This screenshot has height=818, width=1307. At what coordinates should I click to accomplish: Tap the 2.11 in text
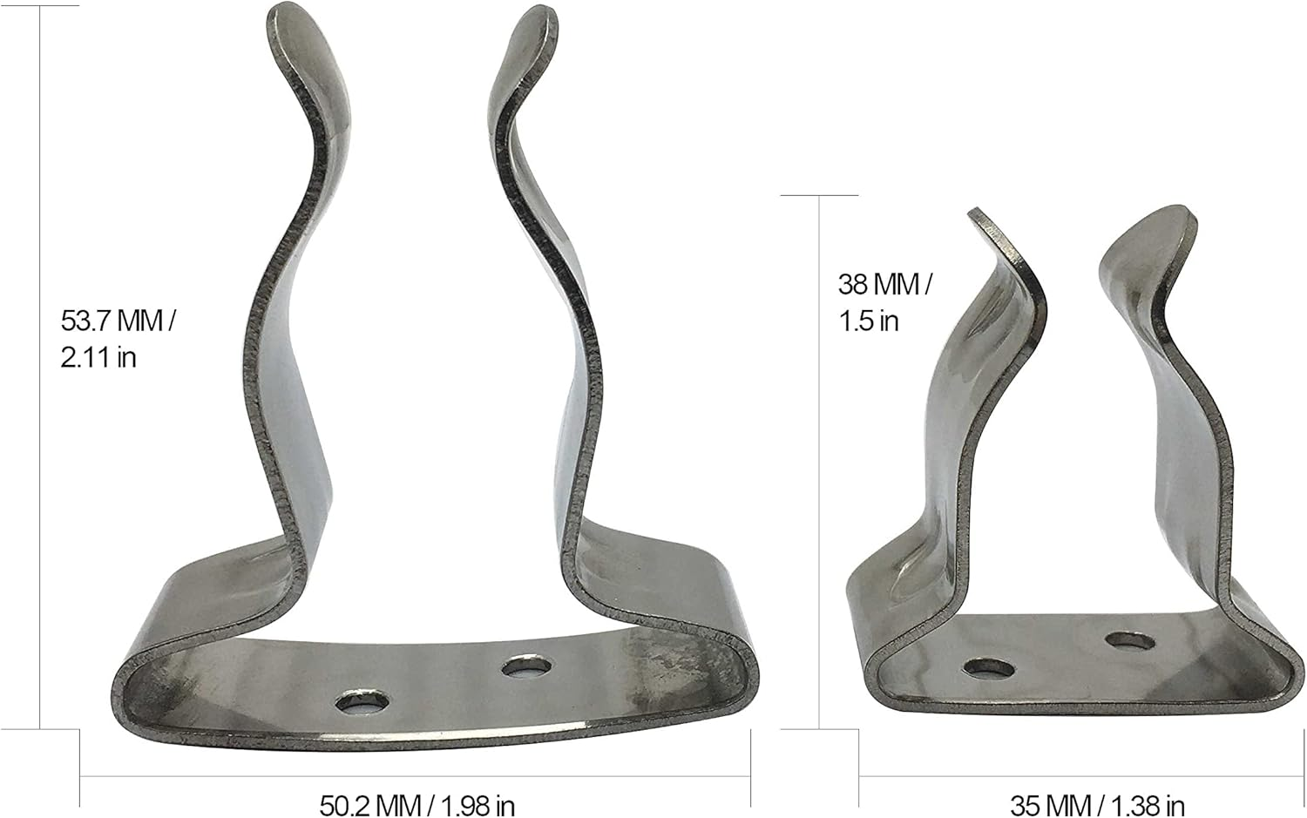98,357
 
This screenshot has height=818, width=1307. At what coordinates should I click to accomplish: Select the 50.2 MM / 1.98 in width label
416,804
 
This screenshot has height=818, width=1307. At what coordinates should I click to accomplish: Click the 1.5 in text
868,321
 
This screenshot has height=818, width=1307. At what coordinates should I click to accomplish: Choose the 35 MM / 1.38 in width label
1097,804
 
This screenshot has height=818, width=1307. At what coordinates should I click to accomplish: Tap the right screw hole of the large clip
526,667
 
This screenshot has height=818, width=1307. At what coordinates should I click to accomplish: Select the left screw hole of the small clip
990,669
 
